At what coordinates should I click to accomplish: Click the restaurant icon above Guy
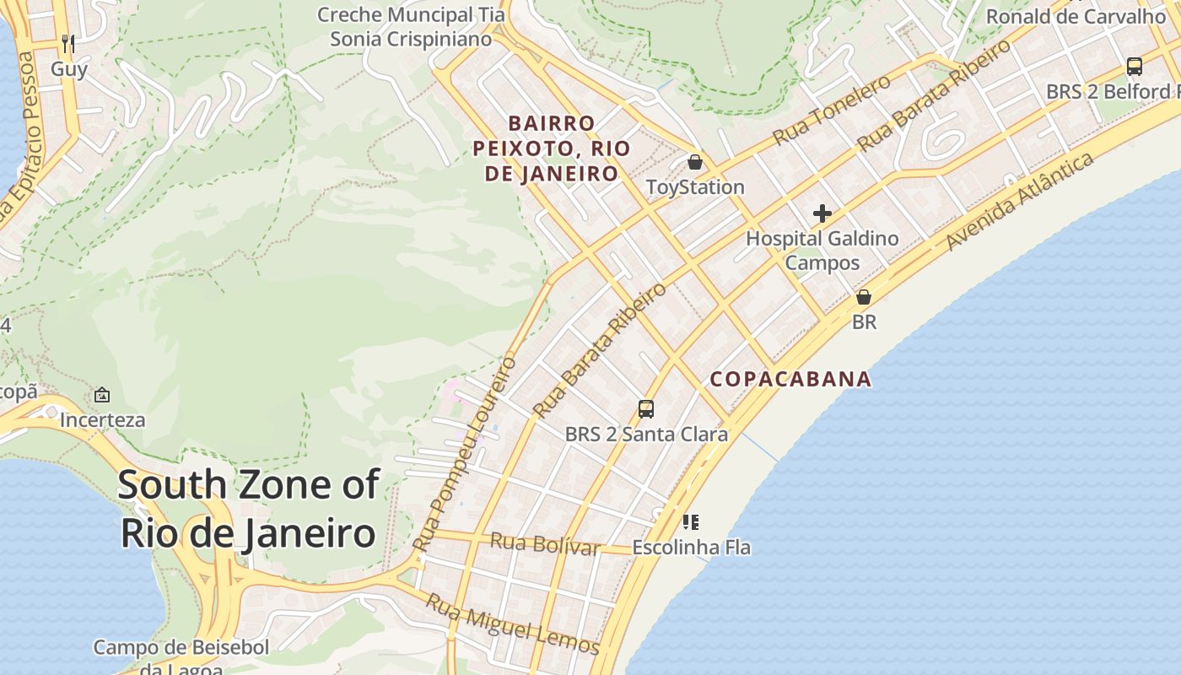pyautogui.click(x=68, y=43)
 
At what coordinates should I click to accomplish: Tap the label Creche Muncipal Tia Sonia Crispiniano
pyautogui.click(x=411, y=27)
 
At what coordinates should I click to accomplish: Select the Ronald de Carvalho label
pyautogui.click(x=1076, y=16)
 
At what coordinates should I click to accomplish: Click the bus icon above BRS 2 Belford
pyautogui.click(x=1135, y=66)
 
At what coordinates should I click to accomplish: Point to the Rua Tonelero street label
pyautogui.click(x=832, y=109)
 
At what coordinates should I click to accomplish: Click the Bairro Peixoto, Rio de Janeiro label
pyautogui.click(x=552, y=148)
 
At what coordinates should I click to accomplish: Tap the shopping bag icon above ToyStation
pyautogui.click(x=695, y=161)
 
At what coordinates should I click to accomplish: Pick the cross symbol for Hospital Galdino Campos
pyautogui.click(x=822, y=213)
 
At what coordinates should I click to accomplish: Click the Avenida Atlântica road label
pyautogui.click(x=1020, y=201)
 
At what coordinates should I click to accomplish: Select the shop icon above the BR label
pyautogui.click(x=864, y=297)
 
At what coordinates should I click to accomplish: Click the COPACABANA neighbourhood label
pyautogui.click(x=790, y=379)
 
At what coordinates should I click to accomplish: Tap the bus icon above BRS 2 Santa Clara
pyautogui.click(x=646, y=409)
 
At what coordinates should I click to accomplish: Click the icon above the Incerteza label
pyautogui.click(x=102, y=394)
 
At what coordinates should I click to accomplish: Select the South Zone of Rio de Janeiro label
pyautogui.click(x=248, y=509)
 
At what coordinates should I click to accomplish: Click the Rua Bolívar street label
pyautogui.click(x=545, y=544)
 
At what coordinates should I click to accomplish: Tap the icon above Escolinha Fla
pyautogui.click(x=691, y=522)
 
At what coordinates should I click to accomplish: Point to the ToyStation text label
pyautogui.click(x=695, y=187)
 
